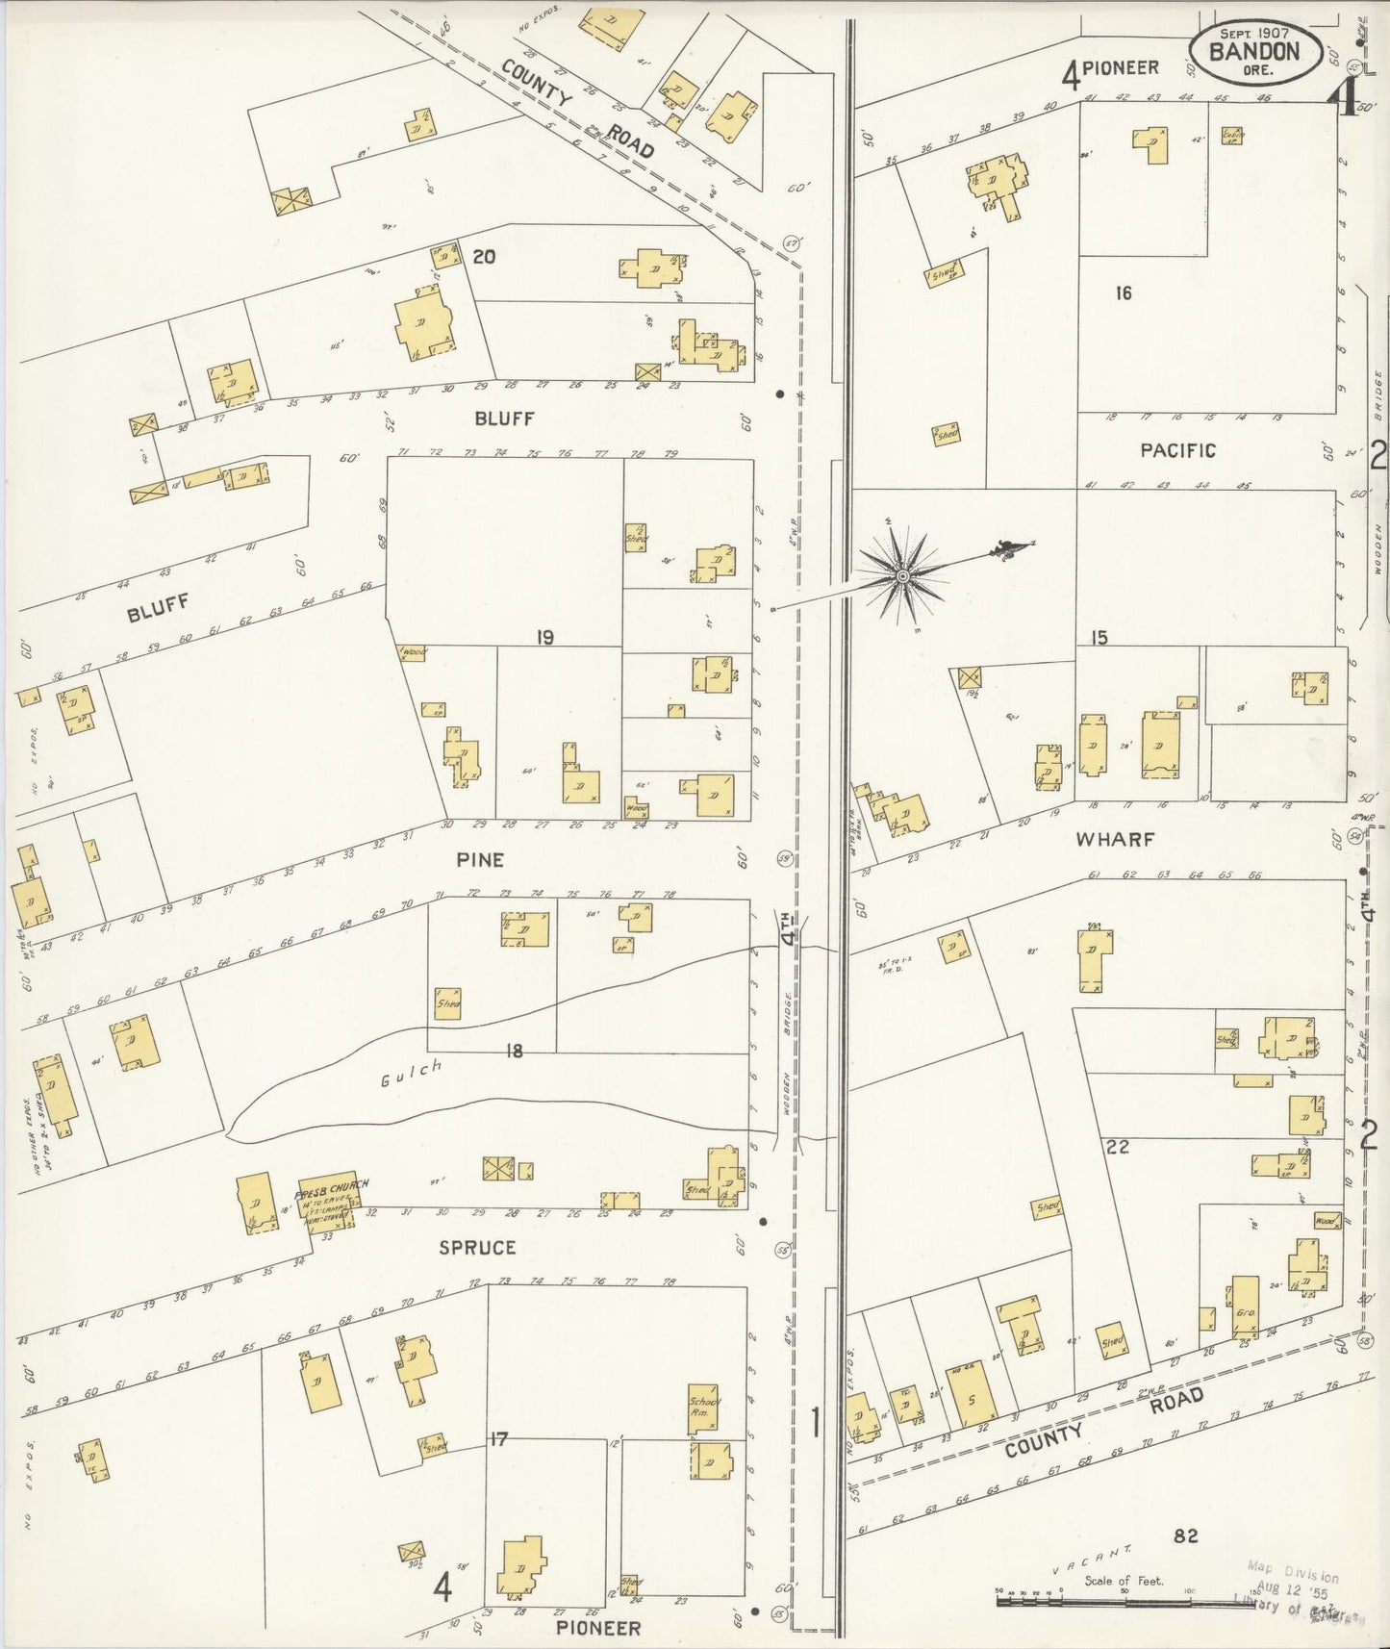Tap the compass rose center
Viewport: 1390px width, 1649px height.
coord(902,576)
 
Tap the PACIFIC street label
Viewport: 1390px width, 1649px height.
coord(1177,450)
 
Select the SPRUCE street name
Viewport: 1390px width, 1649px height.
coord(477,1248)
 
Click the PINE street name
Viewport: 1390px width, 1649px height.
coord(480,859)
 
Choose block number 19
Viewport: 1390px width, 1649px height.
coord(545,637)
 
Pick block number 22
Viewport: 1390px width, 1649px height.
coord(1117,1147)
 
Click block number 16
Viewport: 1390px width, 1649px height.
coord(1124,293)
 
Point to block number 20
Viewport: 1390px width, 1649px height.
coord(484,256)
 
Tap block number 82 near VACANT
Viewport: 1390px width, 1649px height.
coord(1185,1536)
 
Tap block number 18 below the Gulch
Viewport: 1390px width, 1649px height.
coord(515,1052)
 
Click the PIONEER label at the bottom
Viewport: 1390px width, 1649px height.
coord(599,1628)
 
